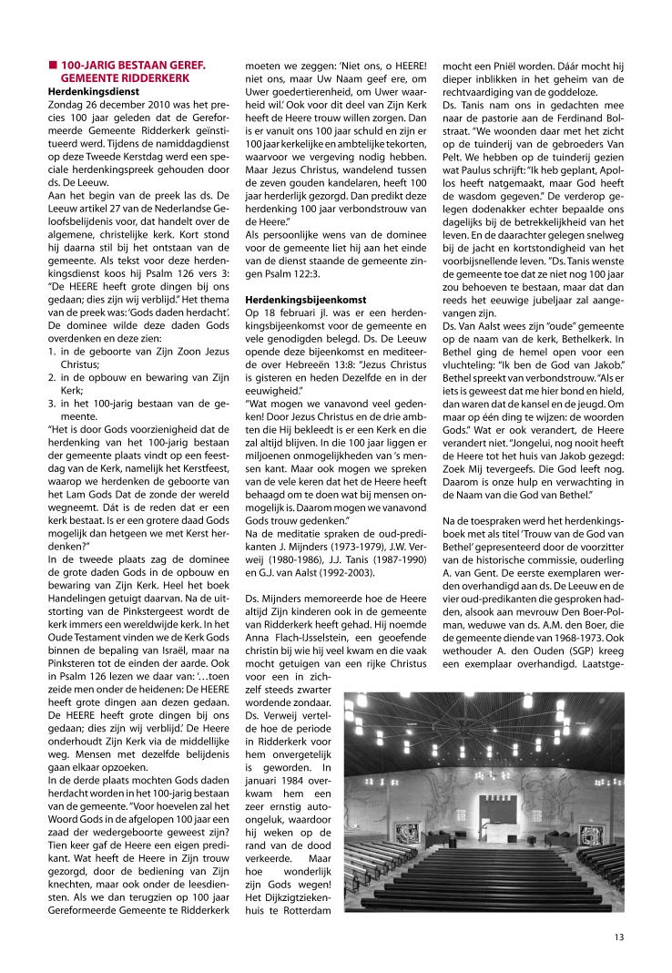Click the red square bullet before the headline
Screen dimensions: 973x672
point(53,66)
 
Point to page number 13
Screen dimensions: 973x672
point(618,933)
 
